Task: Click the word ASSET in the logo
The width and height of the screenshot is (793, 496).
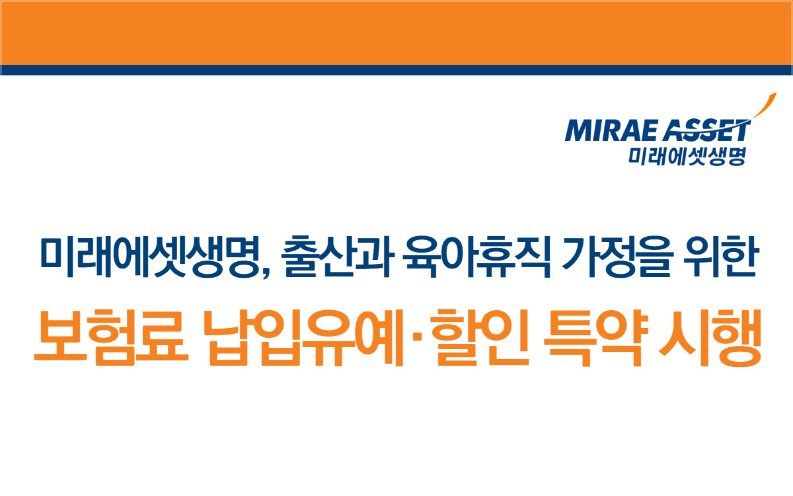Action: click(x=706, y=130)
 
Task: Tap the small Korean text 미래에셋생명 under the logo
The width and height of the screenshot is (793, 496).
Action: click(x=687, y=157)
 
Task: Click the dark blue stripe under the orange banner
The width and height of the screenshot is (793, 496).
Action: click(x=397, y=70)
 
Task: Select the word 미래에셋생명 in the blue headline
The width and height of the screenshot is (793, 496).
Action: click(x=151, y=256)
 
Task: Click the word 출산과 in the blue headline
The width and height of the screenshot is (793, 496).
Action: click(x=338, y=256)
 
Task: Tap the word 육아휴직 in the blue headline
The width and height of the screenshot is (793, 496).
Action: click(x=477, y=256)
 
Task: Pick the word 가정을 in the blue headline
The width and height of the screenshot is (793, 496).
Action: click(x=616, y=256)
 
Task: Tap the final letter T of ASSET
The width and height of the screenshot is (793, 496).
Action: click(x=740, y=130)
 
